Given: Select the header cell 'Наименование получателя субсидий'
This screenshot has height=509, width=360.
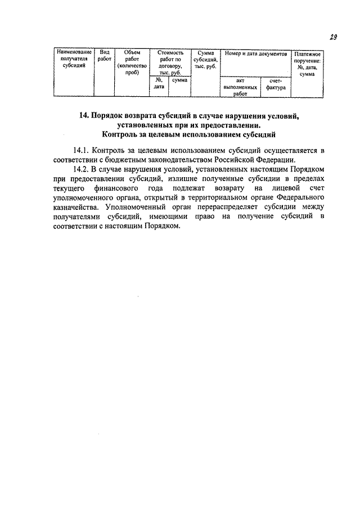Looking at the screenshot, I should click(75, 58).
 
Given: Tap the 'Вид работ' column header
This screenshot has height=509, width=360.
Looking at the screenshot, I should click(104, 55).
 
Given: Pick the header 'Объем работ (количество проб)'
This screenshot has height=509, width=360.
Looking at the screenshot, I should click(132, 62).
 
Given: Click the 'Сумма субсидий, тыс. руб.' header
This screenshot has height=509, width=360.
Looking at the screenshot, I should click(205, 58).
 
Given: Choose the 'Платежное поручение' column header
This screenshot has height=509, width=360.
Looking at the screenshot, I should click(307, 63).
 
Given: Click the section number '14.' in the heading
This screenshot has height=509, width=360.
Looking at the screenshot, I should click(84, 116).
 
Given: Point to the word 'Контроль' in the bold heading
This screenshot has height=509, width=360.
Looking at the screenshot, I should click(122, 135).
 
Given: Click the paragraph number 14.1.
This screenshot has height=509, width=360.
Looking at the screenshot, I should click(82, 151).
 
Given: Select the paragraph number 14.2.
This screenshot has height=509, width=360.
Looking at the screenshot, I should click(82, 169).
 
